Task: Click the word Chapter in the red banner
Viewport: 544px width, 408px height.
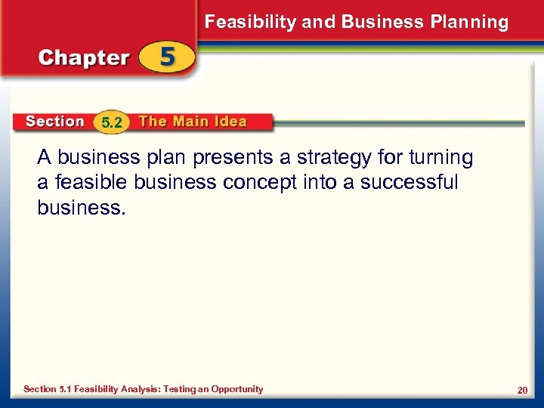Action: [x=84, y=58]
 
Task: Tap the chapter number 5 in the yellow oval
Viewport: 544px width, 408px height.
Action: [x=167, y=58]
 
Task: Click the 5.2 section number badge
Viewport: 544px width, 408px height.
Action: [x=111, y=122]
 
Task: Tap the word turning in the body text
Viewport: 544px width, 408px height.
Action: [x=440, y=158]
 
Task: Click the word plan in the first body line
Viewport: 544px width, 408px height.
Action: [x=166, y=158]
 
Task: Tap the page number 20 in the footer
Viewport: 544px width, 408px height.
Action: [x=521, y=390]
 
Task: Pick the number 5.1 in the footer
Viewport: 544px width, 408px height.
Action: [x=66, y=389]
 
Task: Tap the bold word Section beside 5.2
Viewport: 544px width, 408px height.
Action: [x=54, y=121]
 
